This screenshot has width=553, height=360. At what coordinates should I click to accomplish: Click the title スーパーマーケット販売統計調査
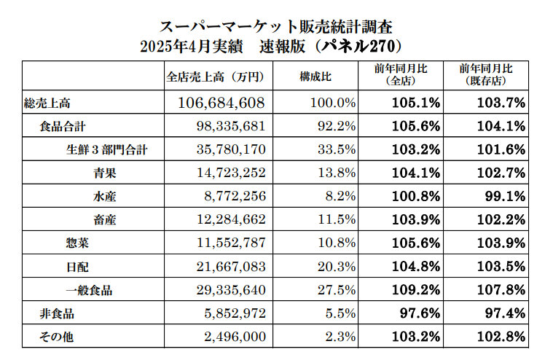(x=276, y=26)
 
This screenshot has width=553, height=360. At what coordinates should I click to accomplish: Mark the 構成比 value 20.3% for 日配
(x=337, y=267)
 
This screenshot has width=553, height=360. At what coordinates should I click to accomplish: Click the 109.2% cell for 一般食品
(x=416, y=291)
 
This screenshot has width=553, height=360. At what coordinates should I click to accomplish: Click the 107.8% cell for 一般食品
(x=504, y=291)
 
